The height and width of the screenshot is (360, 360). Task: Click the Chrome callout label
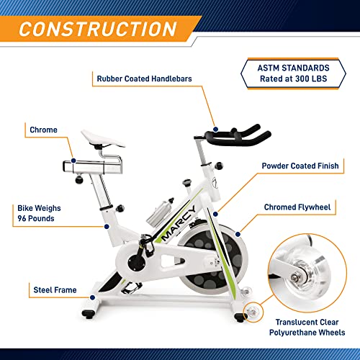point(43,130)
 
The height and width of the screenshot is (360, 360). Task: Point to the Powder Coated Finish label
point(301,165)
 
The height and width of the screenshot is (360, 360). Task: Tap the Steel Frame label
point(54,290)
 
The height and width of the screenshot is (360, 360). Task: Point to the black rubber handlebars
point(238,135)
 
